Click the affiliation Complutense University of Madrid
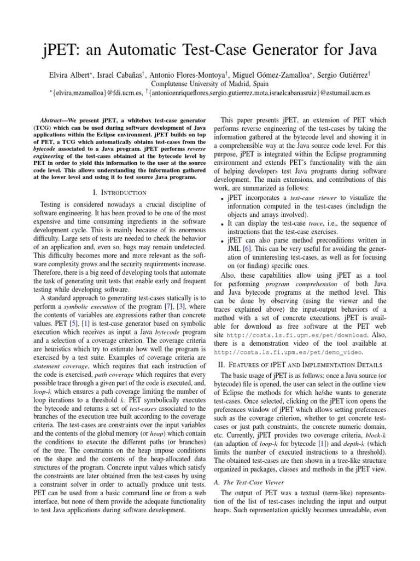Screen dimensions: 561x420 pos(209,83)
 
